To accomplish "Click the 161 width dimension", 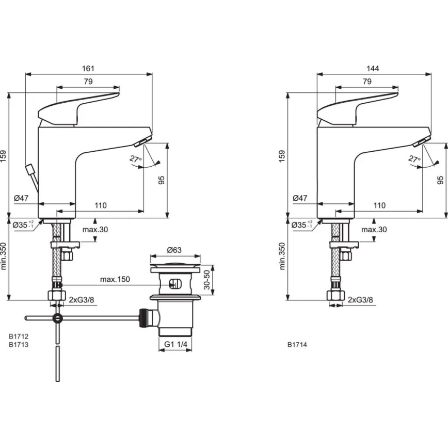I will click(x=89, y=69).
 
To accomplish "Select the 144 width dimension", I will click(x=373, y=69).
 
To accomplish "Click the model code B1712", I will click(x=18, y=336).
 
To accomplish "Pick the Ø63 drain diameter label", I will click(x=174, y=250).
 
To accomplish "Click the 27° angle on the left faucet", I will click(x=135, y=159).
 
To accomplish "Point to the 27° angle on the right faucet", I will click(x=414, y=159).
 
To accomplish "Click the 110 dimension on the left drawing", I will click(x=100, y=205).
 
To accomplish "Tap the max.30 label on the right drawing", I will click(x=374, y=230).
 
